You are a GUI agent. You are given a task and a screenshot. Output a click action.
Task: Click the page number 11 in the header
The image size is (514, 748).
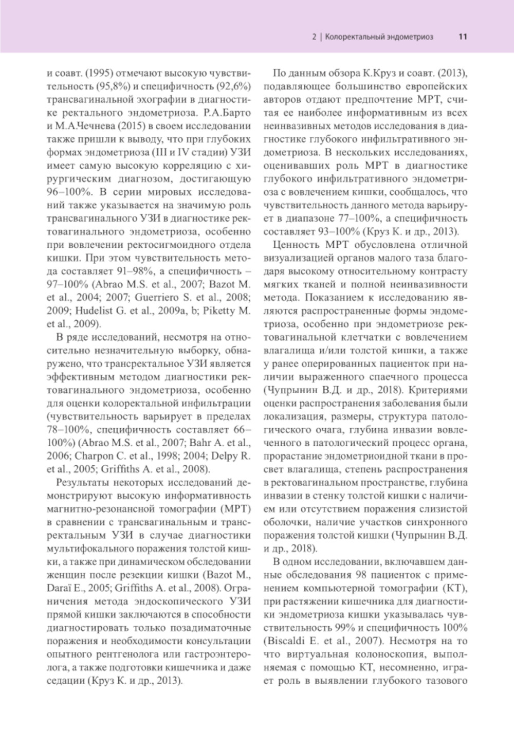click(x=462, y=37)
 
